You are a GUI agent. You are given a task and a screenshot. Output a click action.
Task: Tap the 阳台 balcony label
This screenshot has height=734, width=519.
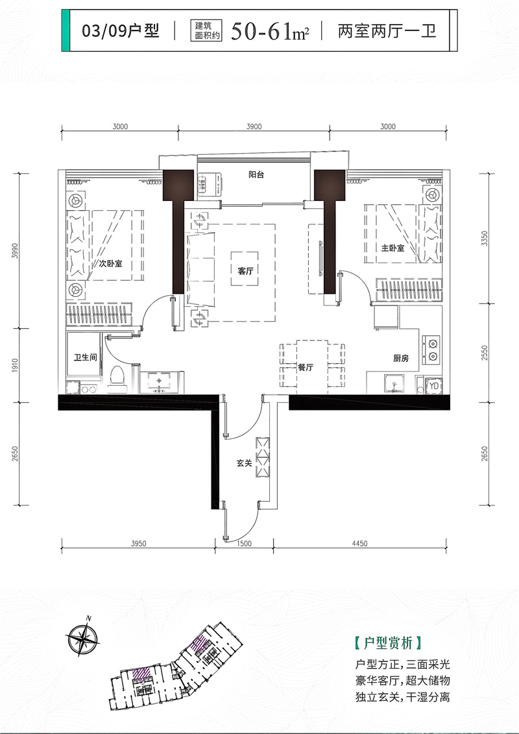pos(256,174)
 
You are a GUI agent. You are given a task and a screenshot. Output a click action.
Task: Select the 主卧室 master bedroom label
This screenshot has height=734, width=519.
pos(392,248)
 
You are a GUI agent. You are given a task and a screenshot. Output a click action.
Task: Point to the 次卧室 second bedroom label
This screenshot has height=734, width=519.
pos(110,263)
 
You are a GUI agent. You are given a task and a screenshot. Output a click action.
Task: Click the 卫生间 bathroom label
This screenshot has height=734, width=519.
pos(85,357)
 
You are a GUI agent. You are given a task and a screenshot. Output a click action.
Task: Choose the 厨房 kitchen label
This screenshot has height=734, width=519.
pos(400,359)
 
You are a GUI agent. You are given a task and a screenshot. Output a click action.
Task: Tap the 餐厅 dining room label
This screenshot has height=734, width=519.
pos(306,368)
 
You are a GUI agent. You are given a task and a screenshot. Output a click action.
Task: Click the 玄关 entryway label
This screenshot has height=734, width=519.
pos(244,463)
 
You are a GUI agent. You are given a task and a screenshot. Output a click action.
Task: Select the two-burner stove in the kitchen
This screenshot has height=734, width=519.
pos(431,349)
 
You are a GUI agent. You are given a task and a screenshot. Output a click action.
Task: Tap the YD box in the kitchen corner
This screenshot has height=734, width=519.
pos(434,386)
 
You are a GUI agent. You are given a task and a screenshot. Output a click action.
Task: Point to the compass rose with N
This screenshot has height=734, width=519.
pos(82,635)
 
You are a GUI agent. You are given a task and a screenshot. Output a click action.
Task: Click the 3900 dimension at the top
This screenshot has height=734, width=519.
pos(254,126)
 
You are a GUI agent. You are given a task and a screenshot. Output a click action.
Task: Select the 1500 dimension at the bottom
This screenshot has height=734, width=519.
pos(244,543)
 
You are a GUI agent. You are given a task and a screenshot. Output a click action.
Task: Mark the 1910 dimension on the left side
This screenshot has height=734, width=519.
pos(15,365)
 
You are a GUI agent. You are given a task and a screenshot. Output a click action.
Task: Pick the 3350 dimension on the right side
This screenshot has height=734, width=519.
pos(485,239)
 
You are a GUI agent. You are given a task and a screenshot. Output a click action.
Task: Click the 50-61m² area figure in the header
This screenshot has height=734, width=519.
pos(271,32)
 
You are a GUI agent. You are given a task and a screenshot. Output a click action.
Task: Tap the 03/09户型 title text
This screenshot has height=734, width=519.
pos(121,31)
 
